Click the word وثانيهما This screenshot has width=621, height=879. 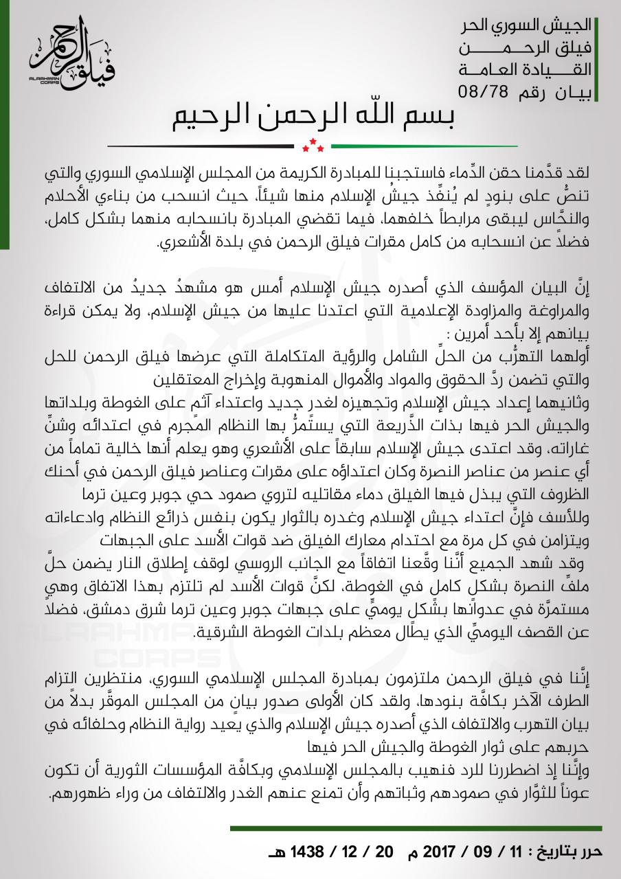[576, 400]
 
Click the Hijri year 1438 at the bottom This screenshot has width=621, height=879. [303, 852]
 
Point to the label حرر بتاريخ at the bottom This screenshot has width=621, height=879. [569, 852]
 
